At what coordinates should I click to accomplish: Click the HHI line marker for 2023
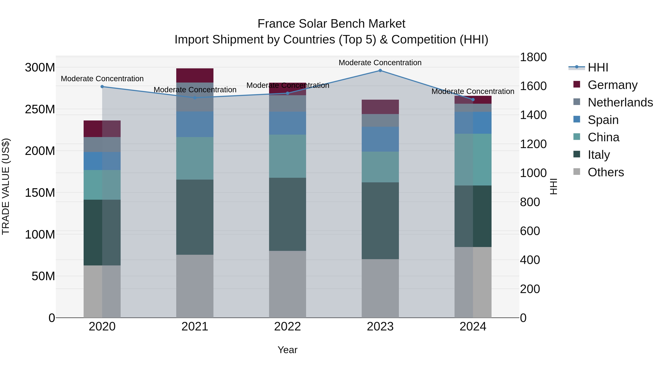click(x=380, y=71)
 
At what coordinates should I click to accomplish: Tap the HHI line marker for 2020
click(x=102, y=87)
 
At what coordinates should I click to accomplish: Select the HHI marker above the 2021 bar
click(x=195, y=98)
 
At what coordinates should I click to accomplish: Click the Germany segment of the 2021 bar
click(x=195, y=75)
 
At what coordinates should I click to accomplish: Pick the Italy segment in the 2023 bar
click(x=380, y=221)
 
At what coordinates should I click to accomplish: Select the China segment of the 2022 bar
click(x=287, y=156)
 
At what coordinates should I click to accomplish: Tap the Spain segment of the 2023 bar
click(x=380, y=139)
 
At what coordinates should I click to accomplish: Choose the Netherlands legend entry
click(x=620, y=102)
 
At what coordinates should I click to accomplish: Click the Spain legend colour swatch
click(x=577, y=119)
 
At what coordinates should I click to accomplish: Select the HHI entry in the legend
click(x=598, y=67)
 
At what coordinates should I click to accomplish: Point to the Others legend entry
click(x=606, y=172)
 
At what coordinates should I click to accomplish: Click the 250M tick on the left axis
click(x=40, y=109)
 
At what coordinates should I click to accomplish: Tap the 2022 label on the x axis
click(x=287, y=327)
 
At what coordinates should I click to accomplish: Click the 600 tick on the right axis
click(x=530, y=231)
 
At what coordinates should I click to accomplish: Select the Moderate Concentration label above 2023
click(x=380, y=63)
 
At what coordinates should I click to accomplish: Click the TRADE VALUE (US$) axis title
click(x=6, y=186)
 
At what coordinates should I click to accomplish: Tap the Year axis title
click(x=287, y=350)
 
